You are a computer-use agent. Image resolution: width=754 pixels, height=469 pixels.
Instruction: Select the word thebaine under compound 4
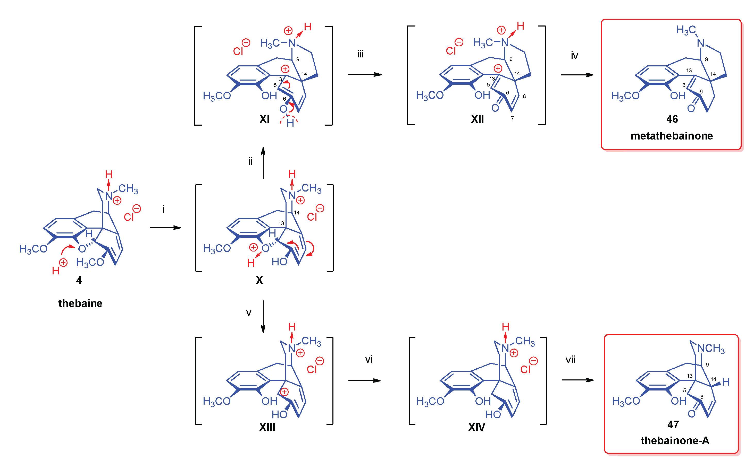click(x=80, y=303)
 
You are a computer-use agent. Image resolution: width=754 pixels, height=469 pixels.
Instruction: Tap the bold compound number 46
click(x=672, y=119)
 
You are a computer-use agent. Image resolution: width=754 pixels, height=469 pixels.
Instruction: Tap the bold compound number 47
click(x=673, y=424)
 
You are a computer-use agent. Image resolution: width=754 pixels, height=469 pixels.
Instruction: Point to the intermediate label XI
click(x=264, y=119)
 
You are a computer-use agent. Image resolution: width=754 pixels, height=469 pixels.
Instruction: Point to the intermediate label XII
click(x=477, y=119)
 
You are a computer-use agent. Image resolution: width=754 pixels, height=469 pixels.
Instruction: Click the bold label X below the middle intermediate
click(x=259, y=280)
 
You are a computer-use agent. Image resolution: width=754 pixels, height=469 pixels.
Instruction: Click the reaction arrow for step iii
click(x=365, y=74)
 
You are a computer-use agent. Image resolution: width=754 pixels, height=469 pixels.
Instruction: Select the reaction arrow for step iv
click(x=577, y=75)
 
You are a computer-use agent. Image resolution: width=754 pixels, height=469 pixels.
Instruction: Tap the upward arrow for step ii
click(x=263, y=163)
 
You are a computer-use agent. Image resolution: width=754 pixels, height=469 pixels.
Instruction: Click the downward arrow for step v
click(x=263, y=316)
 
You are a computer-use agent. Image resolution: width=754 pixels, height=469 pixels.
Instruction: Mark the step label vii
click(x=571, y=360)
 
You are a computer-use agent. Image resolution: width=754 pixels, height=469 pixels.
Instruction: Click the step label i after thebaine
click(x=163, y=209)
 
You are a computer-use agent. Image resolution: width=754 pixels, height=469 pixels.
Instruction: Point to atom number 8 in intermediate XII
click(x=524, y=96)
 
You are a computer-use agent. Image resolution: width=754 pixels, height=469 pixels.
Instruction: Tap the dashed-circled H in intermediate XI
click(x=290, y=123)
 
